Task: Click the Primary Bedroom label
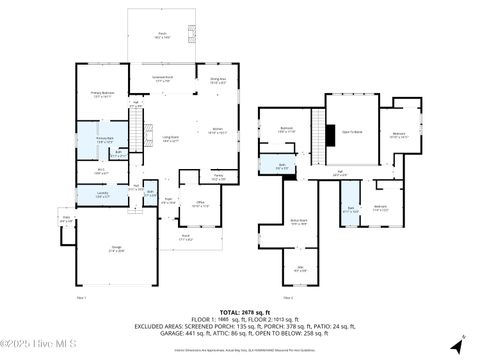[102, 96]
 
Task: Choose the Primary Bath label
[103, 141]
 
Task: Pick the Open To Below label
[352, 131]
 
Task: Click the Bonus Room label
[298, 223]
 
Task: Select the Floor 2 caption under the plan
[287, 297]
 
